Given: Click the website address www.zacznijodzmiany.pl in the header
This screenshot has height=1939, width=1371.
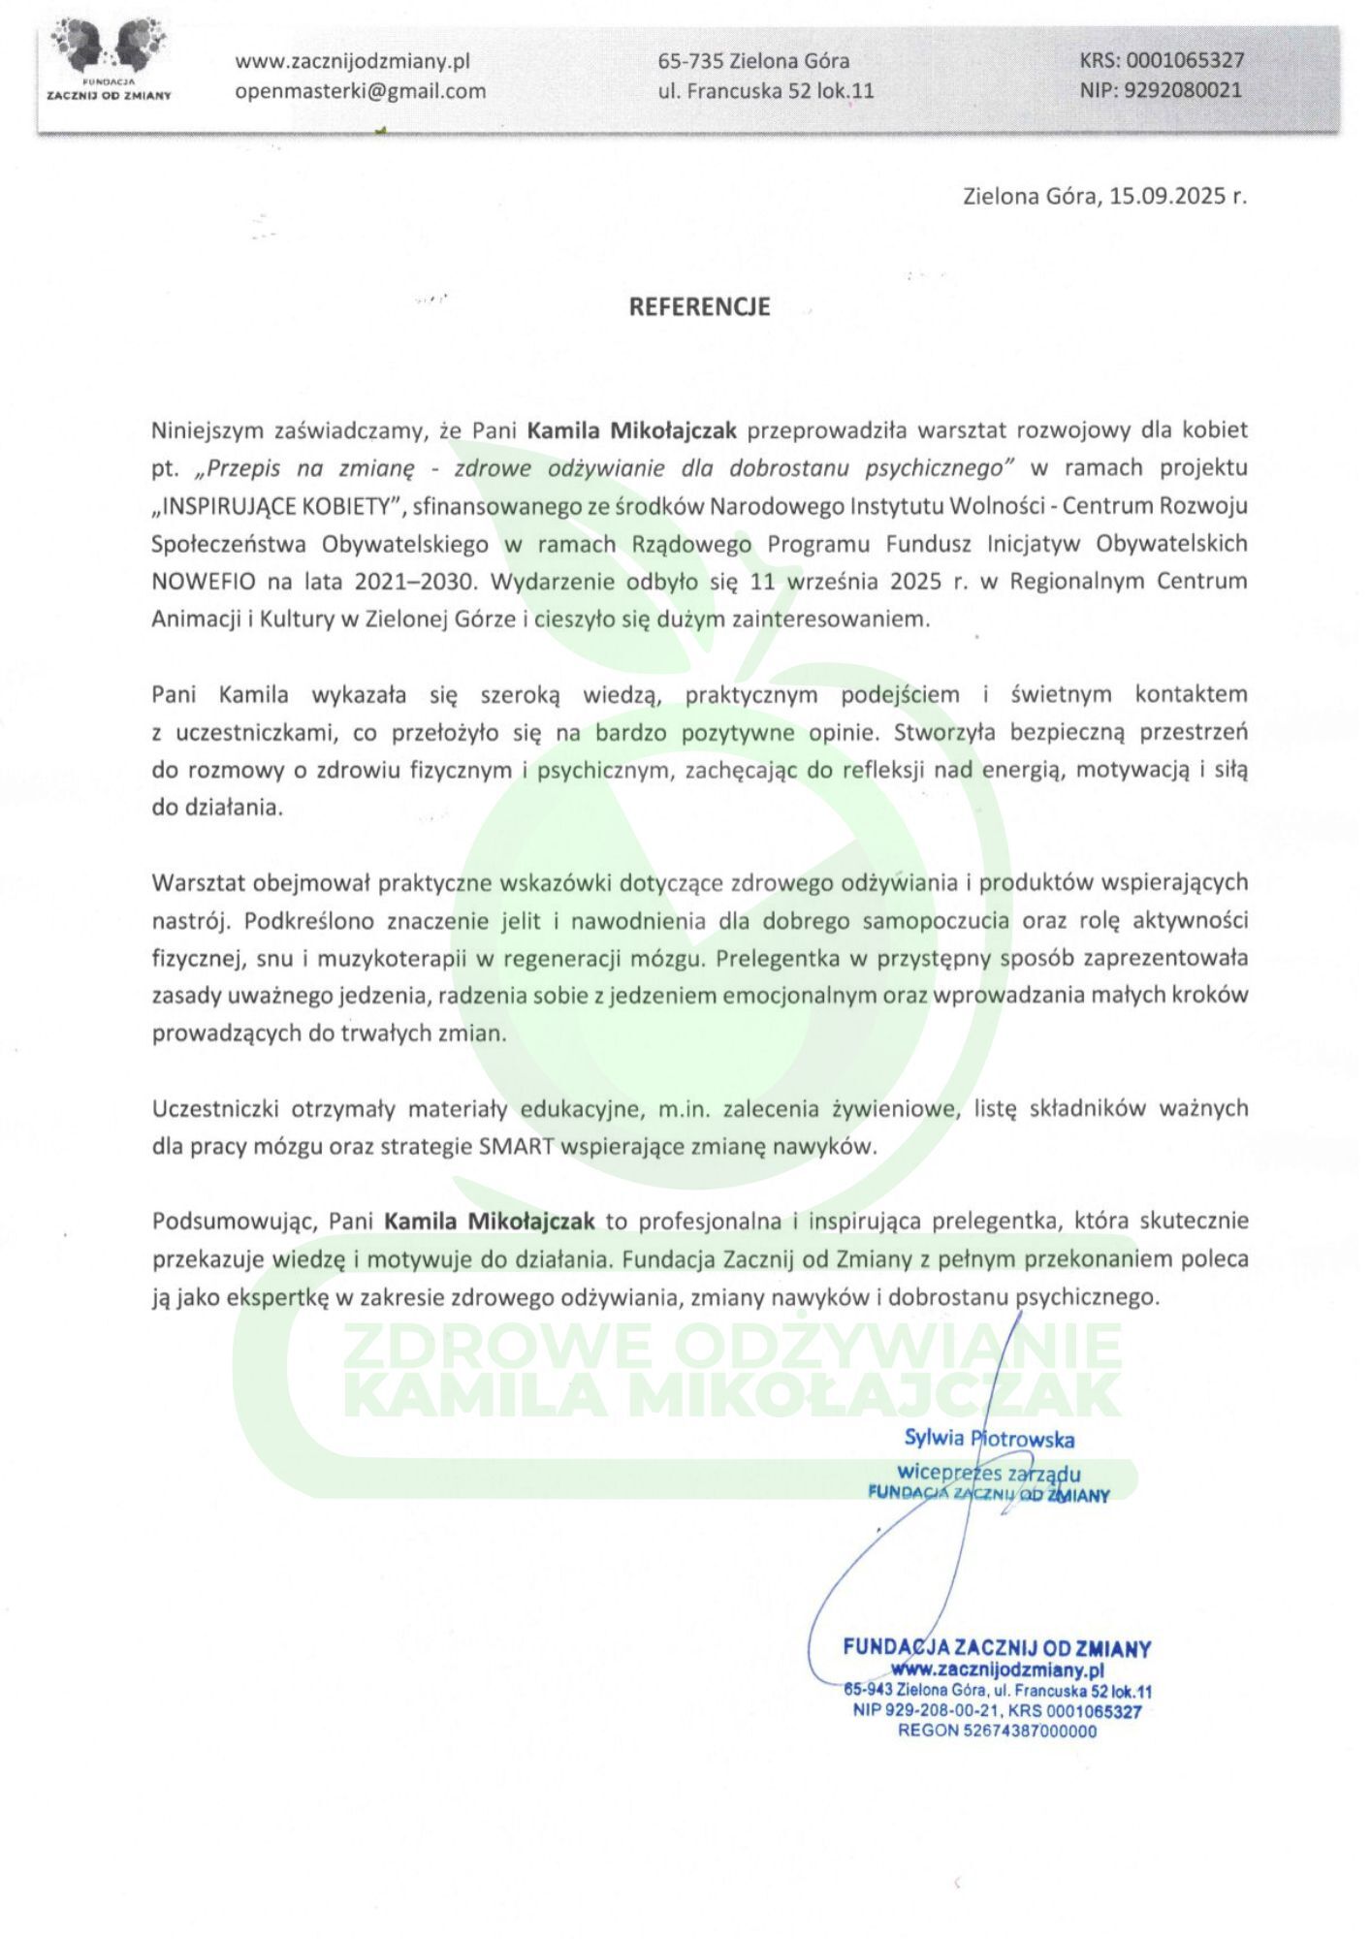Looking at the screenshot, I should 352,61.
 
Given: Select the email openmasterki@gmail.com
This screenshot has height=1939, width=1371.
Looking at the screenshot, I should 360,91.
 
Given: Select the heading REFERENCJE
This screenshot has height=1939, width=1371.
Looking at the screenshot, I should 699,306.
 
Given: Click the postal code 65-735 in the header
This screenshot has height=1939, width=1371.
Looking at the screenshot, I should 690,61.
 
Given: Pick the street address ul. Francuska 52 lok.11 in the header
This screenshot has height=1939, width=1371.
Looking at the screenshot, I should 766,91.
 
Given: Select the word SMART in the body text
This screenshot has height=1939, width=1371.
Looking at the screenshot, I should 516,1146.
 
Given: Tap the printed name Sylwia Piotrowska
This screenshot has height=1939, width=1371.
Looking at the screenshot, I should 988,1439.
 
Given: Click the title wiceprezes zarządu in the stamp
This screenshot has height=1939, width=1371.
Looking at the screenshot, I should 988,1474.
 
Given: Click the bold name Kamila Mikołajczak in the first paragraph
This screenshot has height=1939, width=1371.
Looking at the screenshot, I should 632,429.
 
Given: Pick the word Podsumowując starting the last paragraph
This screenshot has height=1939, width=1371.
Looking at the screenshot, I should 233,1221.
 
